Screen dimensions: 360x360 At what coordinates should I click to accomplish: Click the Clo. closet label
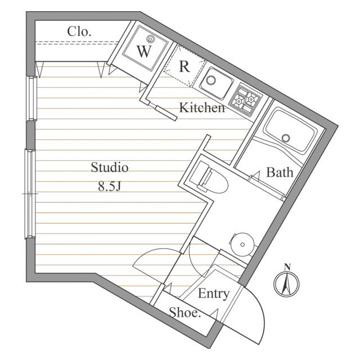pos(79,31)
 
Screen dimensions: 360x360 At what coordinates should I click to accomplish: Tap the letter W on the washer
pos(144,52)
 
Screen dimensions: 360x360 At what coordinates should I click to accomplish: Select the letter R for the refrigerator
pos(183,66)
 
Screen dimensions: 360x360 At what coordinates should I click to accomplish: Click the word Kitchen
pos(202,107)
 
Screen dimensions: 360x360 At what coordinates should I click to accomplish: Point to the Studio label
pos(110,168)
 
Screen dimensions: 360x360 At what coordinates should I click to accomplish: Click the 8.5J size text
pos(110,187)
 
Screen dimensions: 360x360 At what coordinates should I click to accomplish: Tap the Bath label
pos(280,172)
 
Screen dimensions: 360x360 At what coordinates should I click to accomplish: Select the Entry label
pos(214,294)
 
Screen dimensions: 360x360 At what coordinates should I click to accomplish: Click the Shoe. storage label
pos(185,313)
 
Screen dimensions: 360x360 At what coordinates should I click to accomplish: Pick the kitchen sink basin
pos(215,83)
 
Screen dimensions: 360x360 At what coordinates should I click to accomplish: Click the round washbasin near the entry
pos(242,244)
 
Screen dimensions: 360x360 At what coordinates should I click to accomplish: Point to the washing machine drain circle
pos(151,39)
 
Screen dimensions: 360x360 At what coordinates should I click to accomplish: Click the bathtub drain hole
pos(286,138)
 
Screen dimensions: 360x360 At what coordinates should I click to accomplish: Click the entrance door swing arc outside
pos(256,315)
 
